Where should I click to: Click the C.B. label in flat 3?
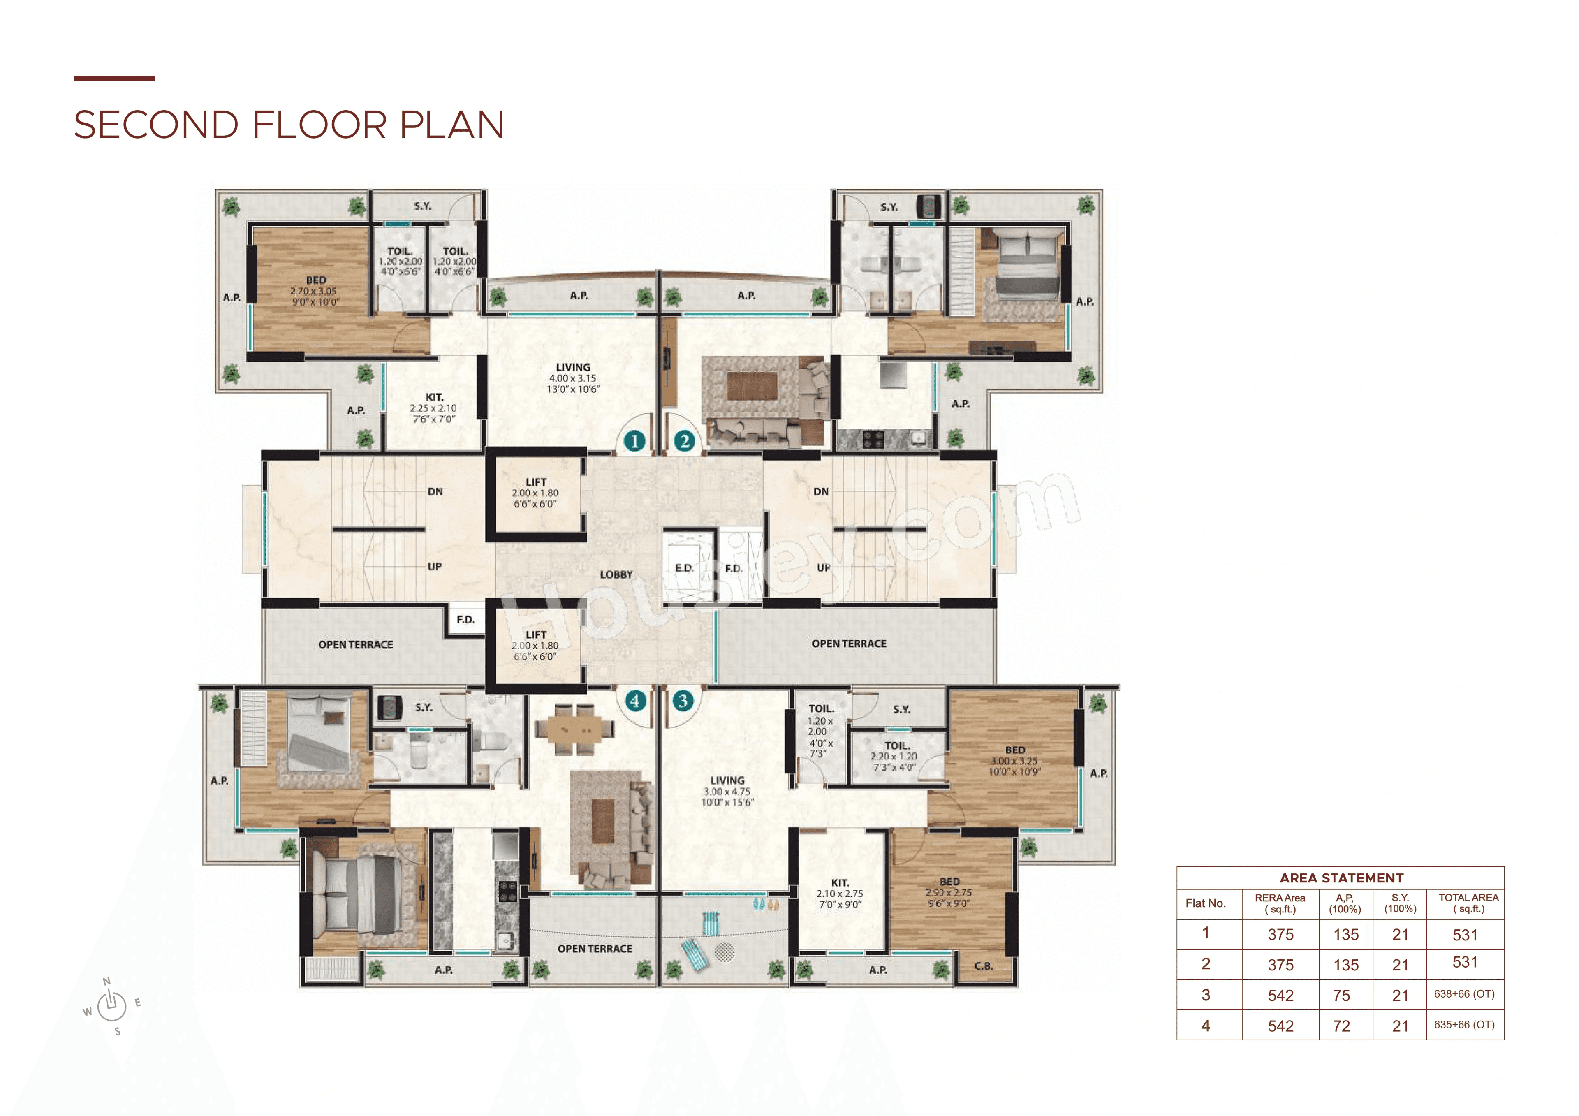(984, 966)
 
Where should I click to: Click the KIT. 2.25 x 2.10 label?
(434, 408)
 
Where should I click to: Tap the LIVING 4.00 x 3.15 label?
(573, 378)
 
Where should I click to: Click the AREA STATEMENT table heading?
(1341, 878)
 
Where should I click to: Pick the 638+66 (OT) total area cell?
(1464, 994)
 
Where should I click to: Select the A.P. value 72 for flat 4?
(1341, 1026)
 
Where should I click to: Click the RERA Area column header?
(1280, 903)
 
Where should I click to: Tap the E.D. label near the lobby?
(684, 568)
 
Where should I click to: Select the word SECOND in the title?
(156, 125)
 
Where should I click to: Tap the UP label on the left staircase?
(435, 567)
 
